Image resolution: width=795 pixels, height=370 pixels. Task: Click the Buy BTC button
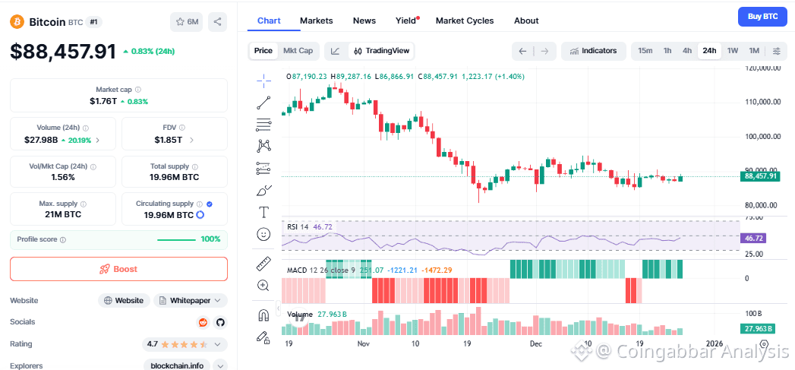point(762,16)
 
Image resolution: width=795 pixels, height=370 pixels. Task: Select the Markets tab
point(316,21)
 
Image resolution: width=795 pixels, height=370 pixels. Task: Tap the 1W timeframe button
point(733,51)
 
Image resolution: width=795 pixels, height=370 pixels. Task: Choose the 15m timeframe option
point(645,51)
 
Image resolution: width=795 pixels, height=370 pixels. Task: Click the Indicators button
point(594,51)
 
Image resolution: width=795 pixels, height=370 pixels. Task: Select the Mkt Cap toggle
point(298,51)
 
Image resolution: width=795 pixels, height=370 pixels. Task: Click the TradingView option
point(382,51)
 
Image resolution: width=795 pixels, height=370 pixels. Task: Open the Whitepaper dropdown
point(190,300)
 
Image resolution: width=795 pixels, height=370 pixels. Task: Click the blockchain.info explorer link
point(177,365)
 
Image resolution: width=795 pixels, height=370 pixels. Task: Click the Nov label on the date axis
point(363,343)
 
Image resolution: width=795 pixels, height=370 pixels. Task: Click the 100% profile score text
point(210,239)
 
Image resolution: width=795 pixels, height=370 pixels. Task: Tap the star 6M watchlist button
point(187,22)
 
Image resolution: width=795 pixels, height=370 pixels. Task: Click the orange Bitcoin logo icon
point(17,22)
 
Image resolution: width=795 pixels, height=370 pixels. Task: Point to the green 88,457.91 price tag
point(760,176)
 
